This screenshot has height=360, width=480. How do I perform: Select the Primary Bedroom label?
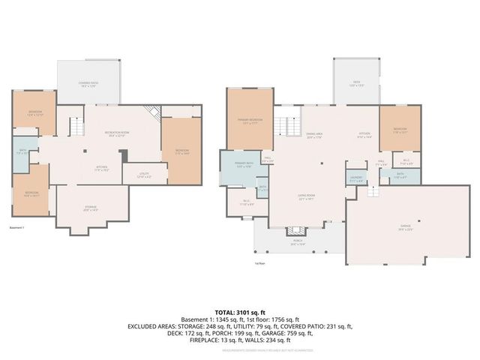(249, 122)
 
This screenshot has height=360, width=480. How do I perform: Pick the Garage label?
(404, 229)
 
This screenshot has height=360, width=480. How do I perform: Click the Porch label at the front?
(298, 242)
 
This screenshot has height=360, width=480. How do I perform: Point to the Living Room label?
(306, 199)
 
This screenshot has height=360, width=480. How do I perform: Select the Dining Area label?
(313, 136)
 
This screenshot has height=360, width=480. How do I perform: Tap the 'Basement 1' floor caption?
(18, 227)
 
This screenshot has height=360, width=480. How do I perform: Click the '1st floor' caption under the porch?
(261, 263)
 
